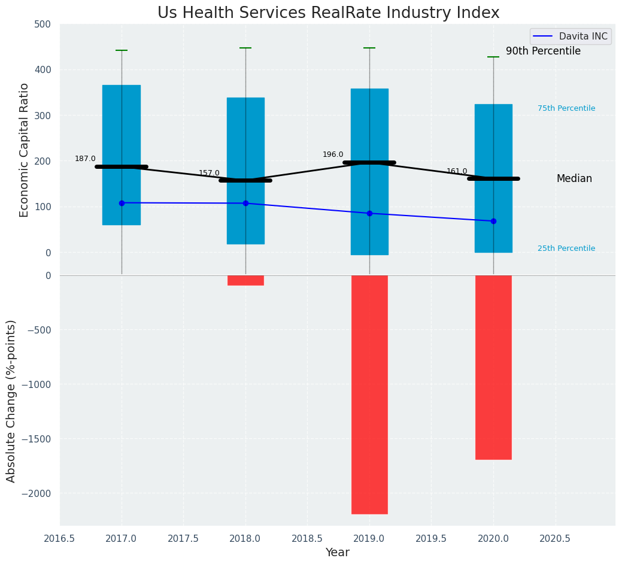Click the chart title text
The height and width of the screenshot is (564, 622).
(x=328, y=13)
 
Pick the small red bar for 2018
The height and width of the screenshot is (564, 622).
(x=245, y=280)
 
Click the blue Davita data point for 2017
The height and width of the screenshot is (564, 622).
(x=122, y=203)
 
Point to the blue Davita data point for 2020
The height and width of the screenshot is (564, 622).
(x=493, y=221)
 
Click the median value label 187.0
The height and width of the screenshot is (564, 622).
(x=85, y=159)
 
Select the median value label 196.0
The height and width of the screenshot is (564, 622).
(x=333, y=154)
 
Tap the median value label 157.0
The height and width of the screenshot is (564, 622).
(x=209, y=173)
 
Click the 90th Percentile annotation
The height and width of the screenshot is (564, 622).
(x=543, y=51)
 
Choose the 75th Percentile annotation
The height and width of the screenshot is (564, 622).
(x=566, y=108)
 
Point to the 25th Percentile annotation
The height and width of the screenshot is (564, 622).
(x=566, y=248)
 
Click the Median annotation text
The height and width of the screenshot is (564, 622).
(x=574, y=178)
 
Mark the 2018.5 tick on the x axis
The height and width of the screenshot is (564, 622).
(x=307, y=538)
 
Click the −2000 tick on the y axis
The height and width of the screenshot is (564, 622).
(x=37, y=493)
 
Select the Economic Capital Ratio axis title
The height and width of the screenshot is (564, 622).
(x=25, y=150)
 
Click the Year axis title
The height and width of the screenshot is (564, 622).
(x=337, y=553)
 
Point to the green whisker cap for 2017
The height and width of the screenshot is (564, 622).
(x=122, y=50)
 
